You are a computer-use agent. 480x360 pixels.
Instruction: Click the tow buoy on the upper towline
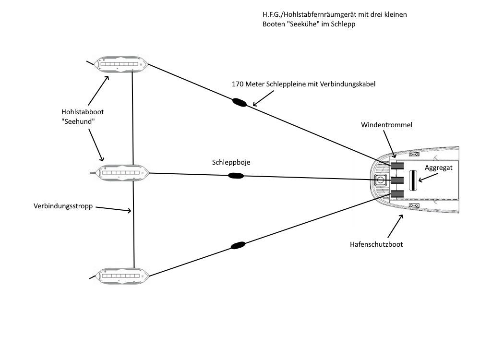(x=239, y=102)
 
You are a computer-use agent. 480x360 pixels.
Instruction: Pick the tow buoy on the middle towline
(x=236, y=176)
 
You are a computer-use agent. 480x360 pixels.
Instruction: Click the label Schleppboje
(x=231, y=163)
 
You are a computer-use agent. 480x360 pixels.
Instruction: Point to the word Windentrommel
(x=387, y=125)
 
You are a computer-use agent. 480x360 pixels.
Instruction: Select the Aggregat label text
(x=438, y=168)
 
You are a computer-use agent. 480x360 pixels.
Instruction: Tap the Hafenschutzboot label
(x=376, y=244)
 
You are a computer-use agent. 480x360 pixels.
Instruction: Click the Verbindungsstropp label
(x=63, y=206)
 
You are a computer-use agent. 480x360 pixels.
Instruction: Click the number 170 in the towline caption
(x=238, y=84)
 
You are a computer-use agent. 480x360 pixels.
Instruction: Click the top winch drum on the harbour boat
(x=396, y=166)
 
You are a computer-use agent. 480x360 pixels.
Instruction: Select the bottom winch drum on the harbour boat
(x=396, y=194)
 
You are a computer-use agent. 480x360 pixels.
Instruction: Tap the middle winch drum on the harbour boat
(x=396, y=180)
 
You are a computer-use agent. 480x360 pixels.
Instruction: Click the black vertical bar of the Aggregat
(x=412, y=180)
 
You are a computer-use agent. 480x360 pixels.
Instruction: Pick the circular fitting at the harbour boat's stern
(x=381, y=180)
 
